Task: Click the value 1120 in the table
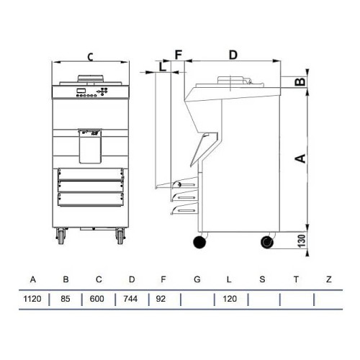pos(32,299)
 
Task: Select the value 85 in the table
pos(66,299)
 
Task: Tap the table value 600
pos(97,299)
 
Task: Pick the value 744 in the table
pos(130,299)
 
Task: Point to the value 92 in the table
pos(161,299)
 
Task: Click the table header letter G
pos(197,279)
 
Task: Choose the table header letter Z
pos(329,279)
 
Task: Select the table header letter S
pos(262,279)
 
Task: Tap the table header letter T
pos(296,279)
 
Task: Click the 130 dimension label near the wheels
pos(302,241)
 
